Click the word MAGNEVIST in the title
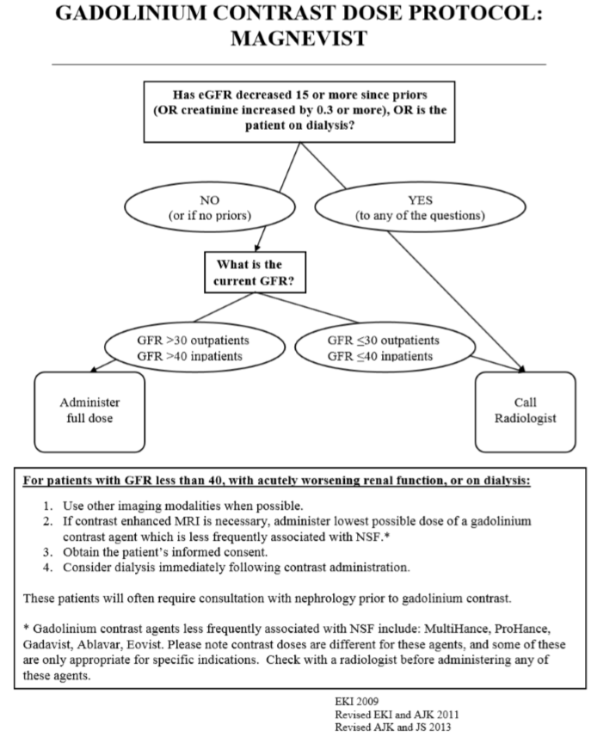[298, 38]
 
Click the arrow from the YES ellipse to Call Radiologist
[454, 301]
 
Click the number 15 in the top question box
[302, 95]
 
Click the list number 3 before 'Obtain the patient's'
[47, 552]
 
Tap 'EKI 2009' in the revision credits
[356, 701]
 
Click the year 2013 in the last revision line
[440, 728]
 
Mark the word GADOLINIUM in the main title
[131, 13]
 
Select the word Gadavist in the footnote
[46, 644]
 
